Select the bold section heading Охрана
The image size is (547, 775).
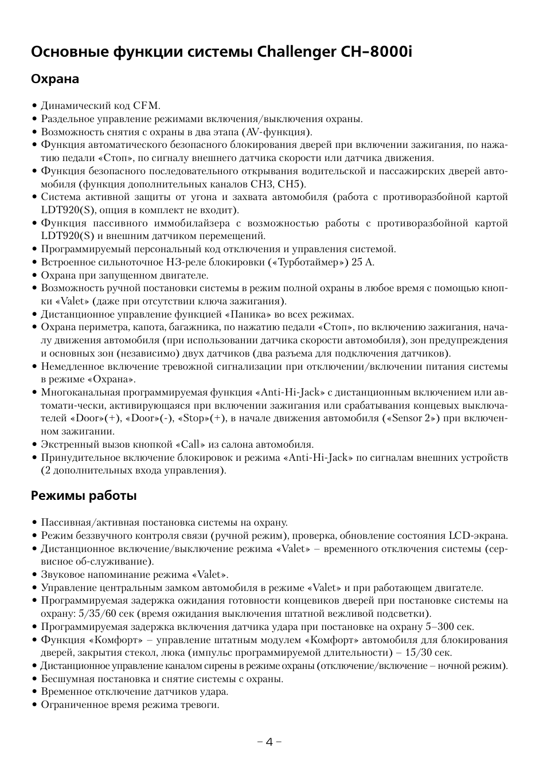55,79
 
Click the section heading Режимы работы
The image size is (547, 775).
84,496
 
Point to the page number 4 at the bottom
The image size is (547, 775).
269,741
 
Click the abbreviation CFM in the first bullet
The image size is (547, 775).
146,106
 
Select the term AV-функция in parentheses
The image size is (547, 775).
276,132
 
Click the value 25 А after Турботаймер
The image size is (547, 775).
367,263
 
